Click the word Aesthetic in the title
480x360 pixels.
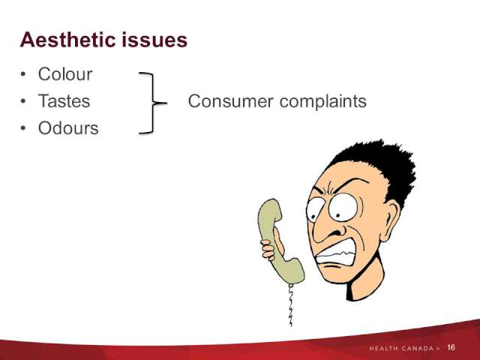click(68, 40)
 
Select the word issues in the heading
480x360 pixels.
click(154, 40)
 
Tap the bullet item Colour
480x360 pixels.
click(65, 74)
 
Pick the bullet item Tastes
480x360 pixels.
click(64, 101)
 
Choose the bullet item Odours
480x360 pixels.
click(68, 128)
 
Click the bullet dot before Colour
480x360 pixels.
click(23, 74)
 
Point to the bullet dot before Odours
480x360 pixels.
click(23, 128)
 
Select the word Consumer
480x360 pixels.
click(230, 101)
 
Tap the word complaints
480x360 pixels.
click(323, 102)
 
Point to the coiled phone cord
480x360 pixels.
click(290, 305)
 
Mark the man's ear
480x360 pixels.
click(390, 220)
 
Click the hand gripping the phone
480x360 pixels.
click(271, 245)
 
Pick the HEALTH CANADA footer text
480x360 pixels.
click(405, 348)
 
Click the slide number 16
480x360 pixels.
click(451, 347)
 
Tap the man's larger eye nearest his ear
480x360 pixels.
click(343, 207)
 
